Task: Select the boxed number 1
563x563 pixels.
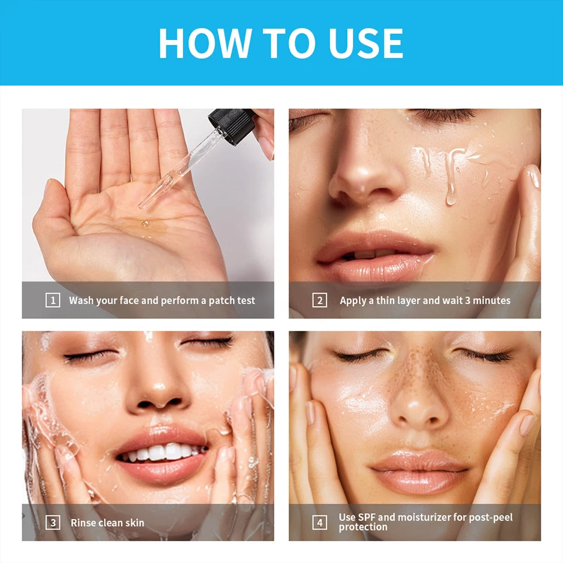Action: [x=53, y=300]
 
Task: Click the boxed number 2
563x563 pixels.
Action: [x=320, y=300]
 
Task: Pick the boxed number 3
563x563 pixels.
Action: [x=53, y=523]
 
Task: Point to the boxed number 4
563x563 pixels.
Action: [x=320, y=523]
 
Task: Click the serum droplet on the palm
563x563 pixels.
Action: [x=145, y=223]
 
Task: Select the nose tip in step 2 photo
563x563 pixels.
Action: [x=362, y=179]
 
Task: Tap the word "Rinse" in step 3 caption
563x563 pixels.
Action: [x=82, y=523]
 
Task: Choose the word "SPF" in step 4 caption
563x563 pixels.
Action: [x=366, y=517]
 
